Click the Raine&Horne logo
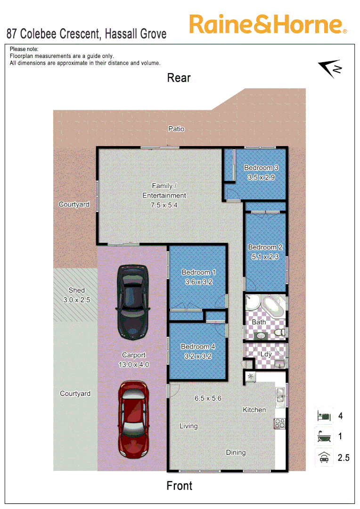pyautogui.click(x=268, y=25)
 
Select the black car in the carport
pyautogui.click(x=133, y=302)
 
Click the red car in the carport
pyautogui.click(x=133, y=419)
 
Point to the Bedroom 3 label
pyautogui.click(x=261, y=168)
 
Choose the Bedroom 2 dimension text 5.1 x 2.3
pyautogui.click(x=265, y=257)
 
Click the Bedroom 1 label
pyautogui.click(x=198, y=272)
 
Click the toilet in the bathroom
pyautogui.click(x=280, y=333)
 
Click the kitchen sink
pyautogui.click(x=280, y=395)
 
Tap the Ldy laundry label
pyautogui.click(x=266, y=353)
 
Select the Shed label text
pyautogui.click(x=76, y=290)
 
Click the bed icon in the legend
pyautogui.click(x=324, y=416)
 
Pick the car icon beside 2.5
pyautogui.click(x=324, y=457)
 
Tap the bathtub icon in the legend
pyautogui.click(x=324, y=437)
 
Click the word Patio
pyautogui.click(x=177, y=129)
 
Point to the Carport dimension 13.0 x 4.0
pyautogui.click(x=134, y=364)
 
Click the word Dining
pyautogui.click(x=236, y=452)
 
